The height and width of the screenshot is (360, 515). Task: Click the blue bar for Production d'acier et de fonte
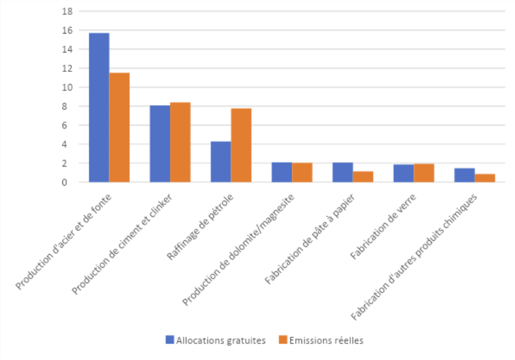tap(99, 108)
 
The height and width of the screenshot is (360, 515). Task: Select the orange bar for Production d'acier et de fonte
tap(119, 127)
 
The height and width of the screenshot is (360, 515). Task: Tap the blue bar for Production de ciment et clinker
tap(160, 144)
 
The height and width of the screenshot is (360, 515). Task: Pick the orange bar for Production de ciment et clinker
tap(180, 142)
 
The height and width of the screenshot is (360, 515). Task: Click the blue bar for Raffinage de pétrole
tap(221, 162)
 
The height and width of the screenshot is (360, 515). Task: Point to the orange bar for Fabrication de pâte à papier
tap(363, 177)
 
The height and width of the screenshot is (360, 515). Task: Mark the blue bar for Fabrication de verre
tap(403, 173)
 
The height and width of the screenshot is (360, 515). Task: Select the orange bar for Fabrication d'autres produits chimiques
tap(485, 178)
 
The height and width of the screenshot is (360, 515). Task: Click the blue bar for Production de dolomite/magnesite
tap(282, 172)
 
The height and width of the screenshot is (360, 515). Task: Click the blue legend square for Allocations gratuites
tap(170, 340)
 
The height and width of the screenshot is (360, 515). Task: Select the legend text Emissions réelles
tap(326, 340)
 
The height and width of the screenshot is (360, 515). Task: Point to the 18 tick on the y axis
tap(68, 11)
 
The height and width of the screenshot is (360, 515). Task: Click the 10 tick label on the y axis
tap(68, 87)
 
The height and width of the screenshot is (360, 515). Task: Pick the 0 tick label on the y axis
tap(70, 182)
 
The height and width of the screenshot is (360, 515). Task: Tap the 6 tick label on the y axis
tap(70, 125)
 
